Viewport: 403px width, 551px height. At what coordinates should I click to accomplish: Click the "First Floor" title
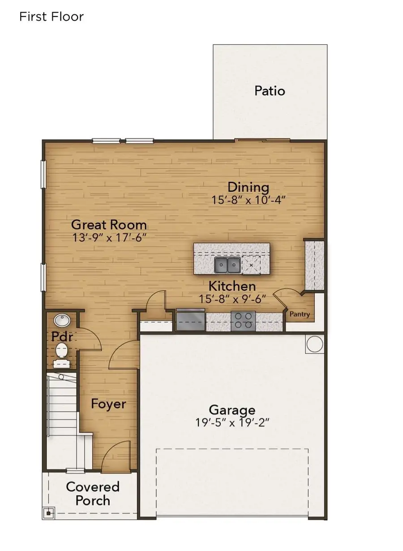point(51,17)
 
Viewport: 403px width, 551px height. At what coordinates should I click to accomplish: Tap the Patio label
point(270,91)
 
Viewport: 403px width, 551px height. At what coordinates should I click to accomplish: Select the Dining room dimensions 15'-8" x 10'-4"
point(249,200)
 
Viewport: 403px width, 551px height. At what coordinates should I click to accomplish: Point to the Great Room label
point(109,224)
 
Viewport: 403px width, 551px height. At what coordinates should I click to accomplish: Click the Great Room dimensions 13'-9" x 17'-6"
point(109,237)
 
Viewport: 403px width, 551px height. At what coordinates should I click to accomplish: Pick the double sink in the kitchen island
point(227,265)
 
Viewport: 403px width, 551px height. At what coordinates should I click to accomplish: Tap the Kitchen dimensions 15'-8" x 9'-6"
point(232,299)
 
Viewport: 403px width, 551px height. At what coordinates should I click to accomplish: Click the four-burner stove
point(243,321)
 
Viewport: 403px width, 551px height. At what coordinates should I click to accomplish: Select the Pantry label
point(300,314)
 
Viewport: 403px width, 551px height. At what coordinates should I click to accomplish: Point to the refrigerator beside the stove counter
point(191,320)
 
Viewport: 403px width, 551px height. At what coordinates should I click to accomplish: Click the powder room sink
point(62,320)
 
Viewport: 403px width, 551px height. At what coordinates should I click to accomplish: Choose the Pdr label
point(62,336)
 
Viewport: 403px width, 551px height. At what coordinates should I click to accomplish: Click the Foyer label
point(108,404)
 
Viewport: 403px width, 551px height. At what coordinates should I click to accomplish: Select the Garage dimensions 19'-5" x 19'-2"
point(232,422)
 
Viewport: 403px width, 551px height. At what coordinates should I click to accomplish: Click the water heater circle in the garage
point(315,344)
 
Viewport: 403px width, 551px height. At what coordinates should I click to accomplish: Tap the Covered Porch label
point(93,494)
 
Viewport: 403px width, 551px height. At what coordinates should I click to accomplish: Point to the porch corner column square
point(48,513)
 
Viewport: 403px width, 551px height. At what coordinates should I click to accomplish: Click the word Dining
point(249,187)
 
